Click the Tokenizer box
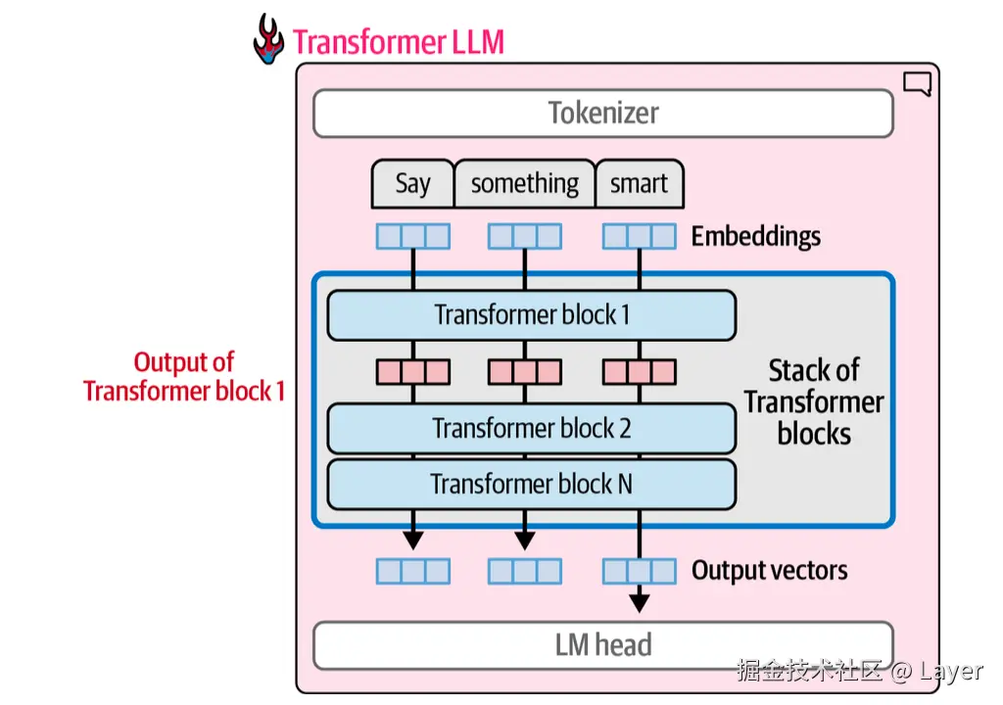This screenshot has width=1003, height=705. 602,114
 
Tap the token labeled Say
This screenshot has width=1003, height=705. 412,184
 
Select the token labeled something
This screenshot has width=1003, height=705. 524,184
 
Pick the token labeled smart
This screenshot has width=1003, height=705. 639,184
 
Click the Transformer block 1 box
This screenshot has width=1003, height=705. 531,315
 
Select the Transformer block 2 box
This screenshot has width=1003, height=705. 531,429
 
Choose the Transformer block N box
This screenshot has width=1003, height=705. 531,485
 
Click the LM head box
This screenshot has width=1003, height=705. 602,645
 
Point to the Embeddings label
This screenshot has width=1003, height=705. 755,236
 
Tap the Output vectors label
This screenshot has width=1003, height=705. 769,571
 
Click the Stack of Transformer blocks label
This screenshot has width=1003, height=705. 813,401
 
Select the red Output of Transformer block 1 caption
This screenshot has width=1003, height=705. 184,377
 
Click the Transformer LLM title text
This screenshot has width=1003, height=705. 399,43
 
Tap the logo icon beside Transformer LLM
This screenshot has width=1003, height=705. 268,39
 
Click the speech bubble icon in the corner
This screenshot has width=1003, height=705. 917,85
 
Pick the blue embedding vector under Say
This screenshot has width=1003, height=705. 412,236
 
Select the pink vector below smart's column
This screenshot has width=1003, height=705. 639,372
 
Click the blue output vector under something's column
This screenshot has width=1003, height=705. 525,571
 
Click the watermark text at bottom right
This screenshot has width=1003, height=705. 859,671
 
